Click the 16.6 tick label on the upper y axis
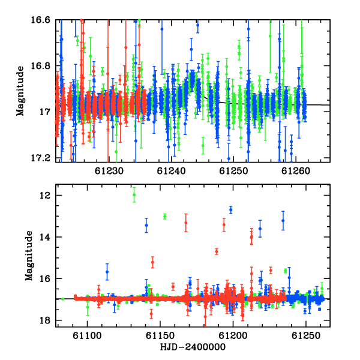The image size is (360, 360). (40, 20)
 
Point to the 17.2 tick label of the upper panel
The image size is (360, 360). (40, 158)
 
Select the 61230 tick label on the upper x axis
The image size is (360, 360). (109, 171)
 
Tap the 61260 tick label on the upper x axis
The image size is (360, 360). (296, 171)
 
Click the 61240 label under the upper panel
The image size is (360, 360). (171, 171)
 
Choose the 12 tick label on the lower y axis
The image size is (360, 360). (44, 196)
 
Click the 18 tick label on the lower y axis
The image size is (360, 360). (44, 320)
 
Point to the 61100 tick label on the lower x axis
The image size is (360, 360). (87, 335)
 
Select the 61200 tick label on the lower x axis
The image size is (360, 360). (233, 335)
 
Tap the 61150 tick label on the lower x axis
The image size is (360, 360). (160, 335)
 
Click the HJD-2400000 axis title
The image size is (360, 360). (193, 347)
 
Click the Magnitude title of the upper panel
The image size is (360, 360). (20, 91)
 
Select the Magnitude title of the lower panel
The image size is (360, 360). (29, 256)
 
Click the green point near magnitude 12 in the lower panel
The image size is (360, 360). (134, 195)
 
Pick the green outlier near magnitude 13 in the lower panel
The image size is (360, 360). (164, 216)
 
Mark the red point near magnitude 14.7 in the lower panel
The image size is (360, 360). (217, 251)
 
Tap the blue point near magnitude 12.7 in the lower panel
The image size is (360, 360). (231, 210)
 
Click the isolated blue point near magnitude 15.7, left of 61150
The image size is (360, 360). (107, 272)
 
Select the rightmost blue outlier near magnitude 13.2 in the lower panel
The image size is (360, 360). (283, 221)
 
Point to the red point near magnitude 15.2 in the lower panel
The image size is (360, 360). (152, 262)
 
